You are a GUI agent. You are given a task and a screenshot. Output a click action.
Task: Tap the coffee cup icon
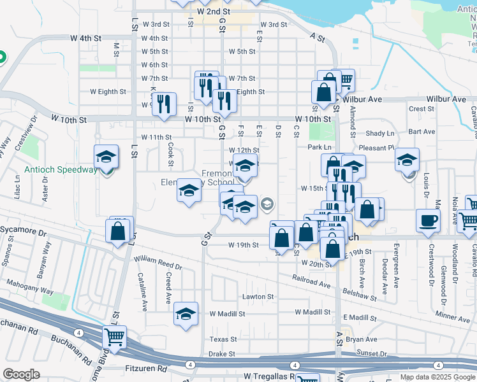tap(428, 220)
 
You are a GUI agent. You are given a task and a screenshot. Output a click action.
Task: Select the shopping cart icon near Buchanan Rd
tap(114, 337)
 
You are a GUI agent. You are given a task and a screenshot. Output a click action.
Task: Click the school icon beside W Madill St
tap(186, 314)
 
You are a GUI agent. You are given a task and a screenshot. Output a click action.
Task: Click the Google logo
tap(21, 374)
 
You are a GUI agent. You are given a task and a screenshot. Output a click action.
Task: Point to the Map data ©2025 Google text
tap(437, 377)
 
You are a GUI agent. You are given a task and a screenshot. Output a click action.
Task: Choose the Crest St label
tap(422, 109)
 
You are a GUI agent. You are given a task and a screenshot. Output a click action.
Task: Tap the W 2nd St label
tap(213, 11)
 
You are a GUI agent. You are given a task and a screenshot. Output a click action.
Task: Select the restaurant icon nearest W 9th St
tap(165, 103)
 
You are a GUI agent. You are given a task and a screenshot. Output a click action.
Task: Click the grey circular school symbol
tap(268, 204)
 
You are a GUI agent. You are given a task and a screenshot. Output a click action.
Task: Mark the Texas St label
tap(223, 339)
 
